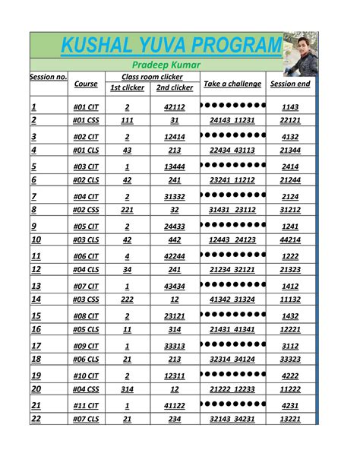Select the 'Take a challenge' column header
pos(232,84)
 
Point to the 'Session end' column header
pos(290,84)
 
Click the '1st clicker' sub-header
pos(127,88)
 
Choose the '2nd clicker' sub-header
pos(175,88)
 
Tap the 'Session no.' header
pos(49,78)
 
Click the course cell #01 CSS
pos(86,121)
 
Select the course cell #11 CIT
pos(86,406)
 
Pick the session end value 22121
pos(290,121)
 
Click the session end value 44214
pos(290,240)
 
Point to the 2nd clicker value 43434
pos(175,287)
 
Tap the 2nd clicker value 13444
pos(175,167)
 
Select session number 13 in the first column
pos(36,286)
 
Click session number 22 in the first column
pos(36,419)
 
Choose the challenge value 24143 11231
pos(232,121)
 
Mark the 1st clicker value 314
pos(127,389)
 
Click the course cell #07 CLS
pos(86,419)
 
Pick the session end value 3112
pos(290,346)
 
